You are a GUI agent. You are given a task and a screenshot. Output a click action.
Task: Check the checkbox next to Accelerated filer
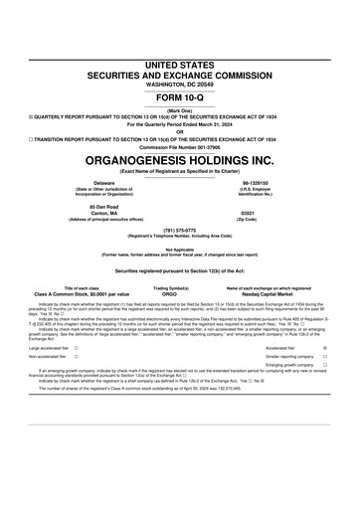click(325, 376)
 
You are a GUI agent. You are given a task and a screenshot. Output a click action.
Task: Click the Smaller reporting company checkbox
click(325, 385)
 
